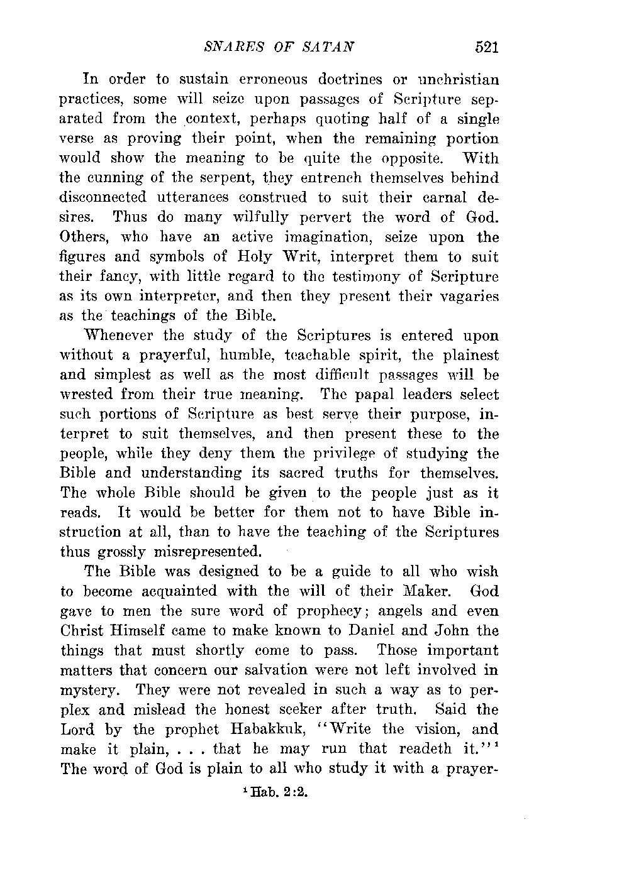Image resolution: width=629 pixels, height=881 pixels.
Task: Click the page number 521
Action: click(x=487, y=46)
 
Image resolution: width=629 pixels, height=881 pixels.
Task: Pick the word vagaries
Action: click(x=465, y=296)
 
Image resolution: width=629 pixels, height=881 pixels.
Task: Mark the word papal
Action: click(x=367, y=395)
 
